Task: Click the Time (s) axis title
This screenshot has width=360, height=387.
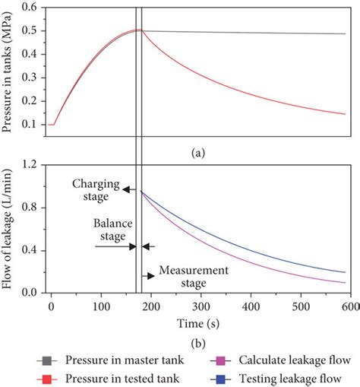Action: (200, 321)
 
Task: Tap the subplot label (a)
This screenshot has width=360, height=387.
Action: (199, 151)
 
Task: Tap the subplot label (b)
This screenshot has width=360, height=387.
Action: (199, 337)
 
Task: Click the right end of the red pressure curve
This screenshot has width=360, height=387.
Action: (346, 114)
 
